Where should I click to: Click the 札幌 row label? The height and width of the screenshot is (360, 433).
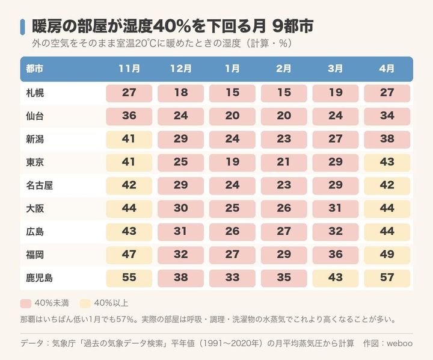point(35,93)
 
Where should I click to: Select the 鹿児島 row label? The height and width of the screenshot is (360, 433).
point(39,278)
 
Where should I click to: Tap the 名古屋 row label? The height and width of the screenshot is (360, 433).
point(39,185)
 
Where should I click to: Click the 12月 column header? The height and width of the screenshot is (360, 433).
point(180,69)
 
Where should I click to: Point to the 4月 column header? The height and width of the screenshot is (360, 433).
point(387,69)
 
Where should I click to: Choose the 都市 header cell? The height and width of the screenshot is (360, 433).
point(35,69)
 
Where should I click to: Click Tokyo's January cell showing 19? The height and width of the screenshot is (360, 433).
point(232,163)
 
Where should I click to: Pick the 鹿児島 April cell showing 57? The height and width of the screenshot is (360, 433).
point(387,278)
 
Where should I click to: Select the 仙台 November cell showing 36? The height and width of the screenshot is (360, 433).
point(129,116)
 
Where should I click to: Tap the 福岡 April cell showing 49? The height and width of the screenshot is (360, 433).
point(387,255)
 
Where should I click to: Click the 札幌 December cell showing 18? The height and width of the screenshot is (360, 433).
point(180,93)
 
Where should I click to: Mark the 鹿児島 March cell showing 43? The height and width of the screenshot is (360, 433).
point(336,278)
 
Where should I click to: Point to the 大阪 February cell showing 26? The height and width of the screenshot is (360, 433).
point(284,208)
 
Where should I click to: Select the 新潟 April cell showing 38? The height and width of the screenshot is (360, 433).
point(387,139)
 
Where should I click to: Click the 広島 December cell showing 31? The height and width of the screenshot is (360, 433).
point(180,232)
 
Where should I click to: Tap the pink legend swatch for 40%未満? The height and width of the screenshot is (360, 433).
point(26,303)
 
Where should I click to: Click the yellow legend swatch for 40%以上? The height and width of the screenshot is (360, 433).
point(85,303)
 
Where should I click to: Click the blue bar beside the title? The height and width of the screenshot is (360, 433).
point(23,27)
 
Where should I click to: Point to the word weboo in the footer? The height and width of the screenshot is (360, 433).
point(399,343)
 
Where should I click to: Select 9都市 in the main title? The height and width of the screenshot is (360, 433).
point(293,26)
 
